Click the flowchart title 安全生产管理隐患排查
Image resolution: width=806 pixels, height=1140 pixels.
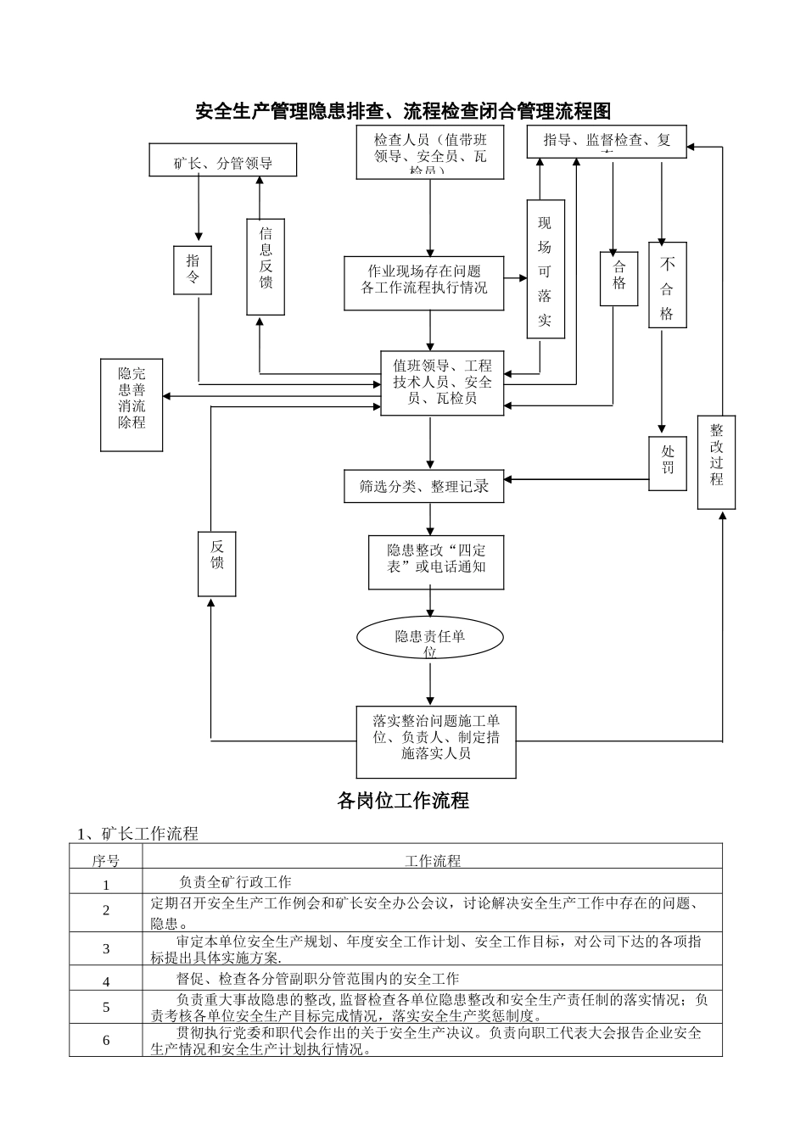[x=402, y=111]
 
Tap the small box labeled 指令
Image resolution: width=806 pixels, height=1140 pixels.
[x=193, y=271]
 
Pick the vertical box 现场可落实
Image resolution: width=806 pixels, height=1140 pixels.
[x=545, y=269]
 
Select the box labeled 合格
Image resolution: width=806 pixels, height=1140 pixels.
[x=618, y=277]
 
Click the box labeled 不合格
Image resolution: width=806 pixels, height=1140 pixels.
[x=667, y=285]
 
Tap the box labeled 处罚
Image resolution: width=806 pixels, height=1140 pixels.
[x=667, y=463]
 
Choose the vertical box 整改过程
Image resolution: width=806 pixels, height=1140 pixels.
[x=716, y=462]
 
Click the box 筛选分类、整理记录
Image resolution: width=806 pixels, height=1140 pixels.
[x=423, y=486]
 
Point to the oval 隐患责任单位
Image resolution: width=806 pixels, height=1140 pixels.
[x=429, y=638]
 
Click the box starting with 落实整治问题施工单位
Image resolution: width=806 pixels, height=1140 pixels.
[x=436, y=741]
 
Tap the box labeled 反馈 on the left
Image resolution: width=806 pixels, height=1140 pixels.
[x=217, y=563]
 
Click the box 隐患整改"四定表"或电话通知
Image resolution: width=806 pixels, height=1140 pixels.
[x=436, y=562]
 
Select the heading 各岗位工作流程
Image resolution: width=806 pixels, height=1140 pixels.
[x=402, y=801]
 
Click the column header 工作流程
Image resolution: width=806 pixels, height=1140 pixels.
[x=433, y=861]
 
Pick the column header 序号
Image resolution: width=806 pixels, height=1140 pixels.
[x=106, y=861]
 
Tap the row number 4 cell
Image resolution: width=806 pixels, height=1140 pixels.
[x=106, y=981]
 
